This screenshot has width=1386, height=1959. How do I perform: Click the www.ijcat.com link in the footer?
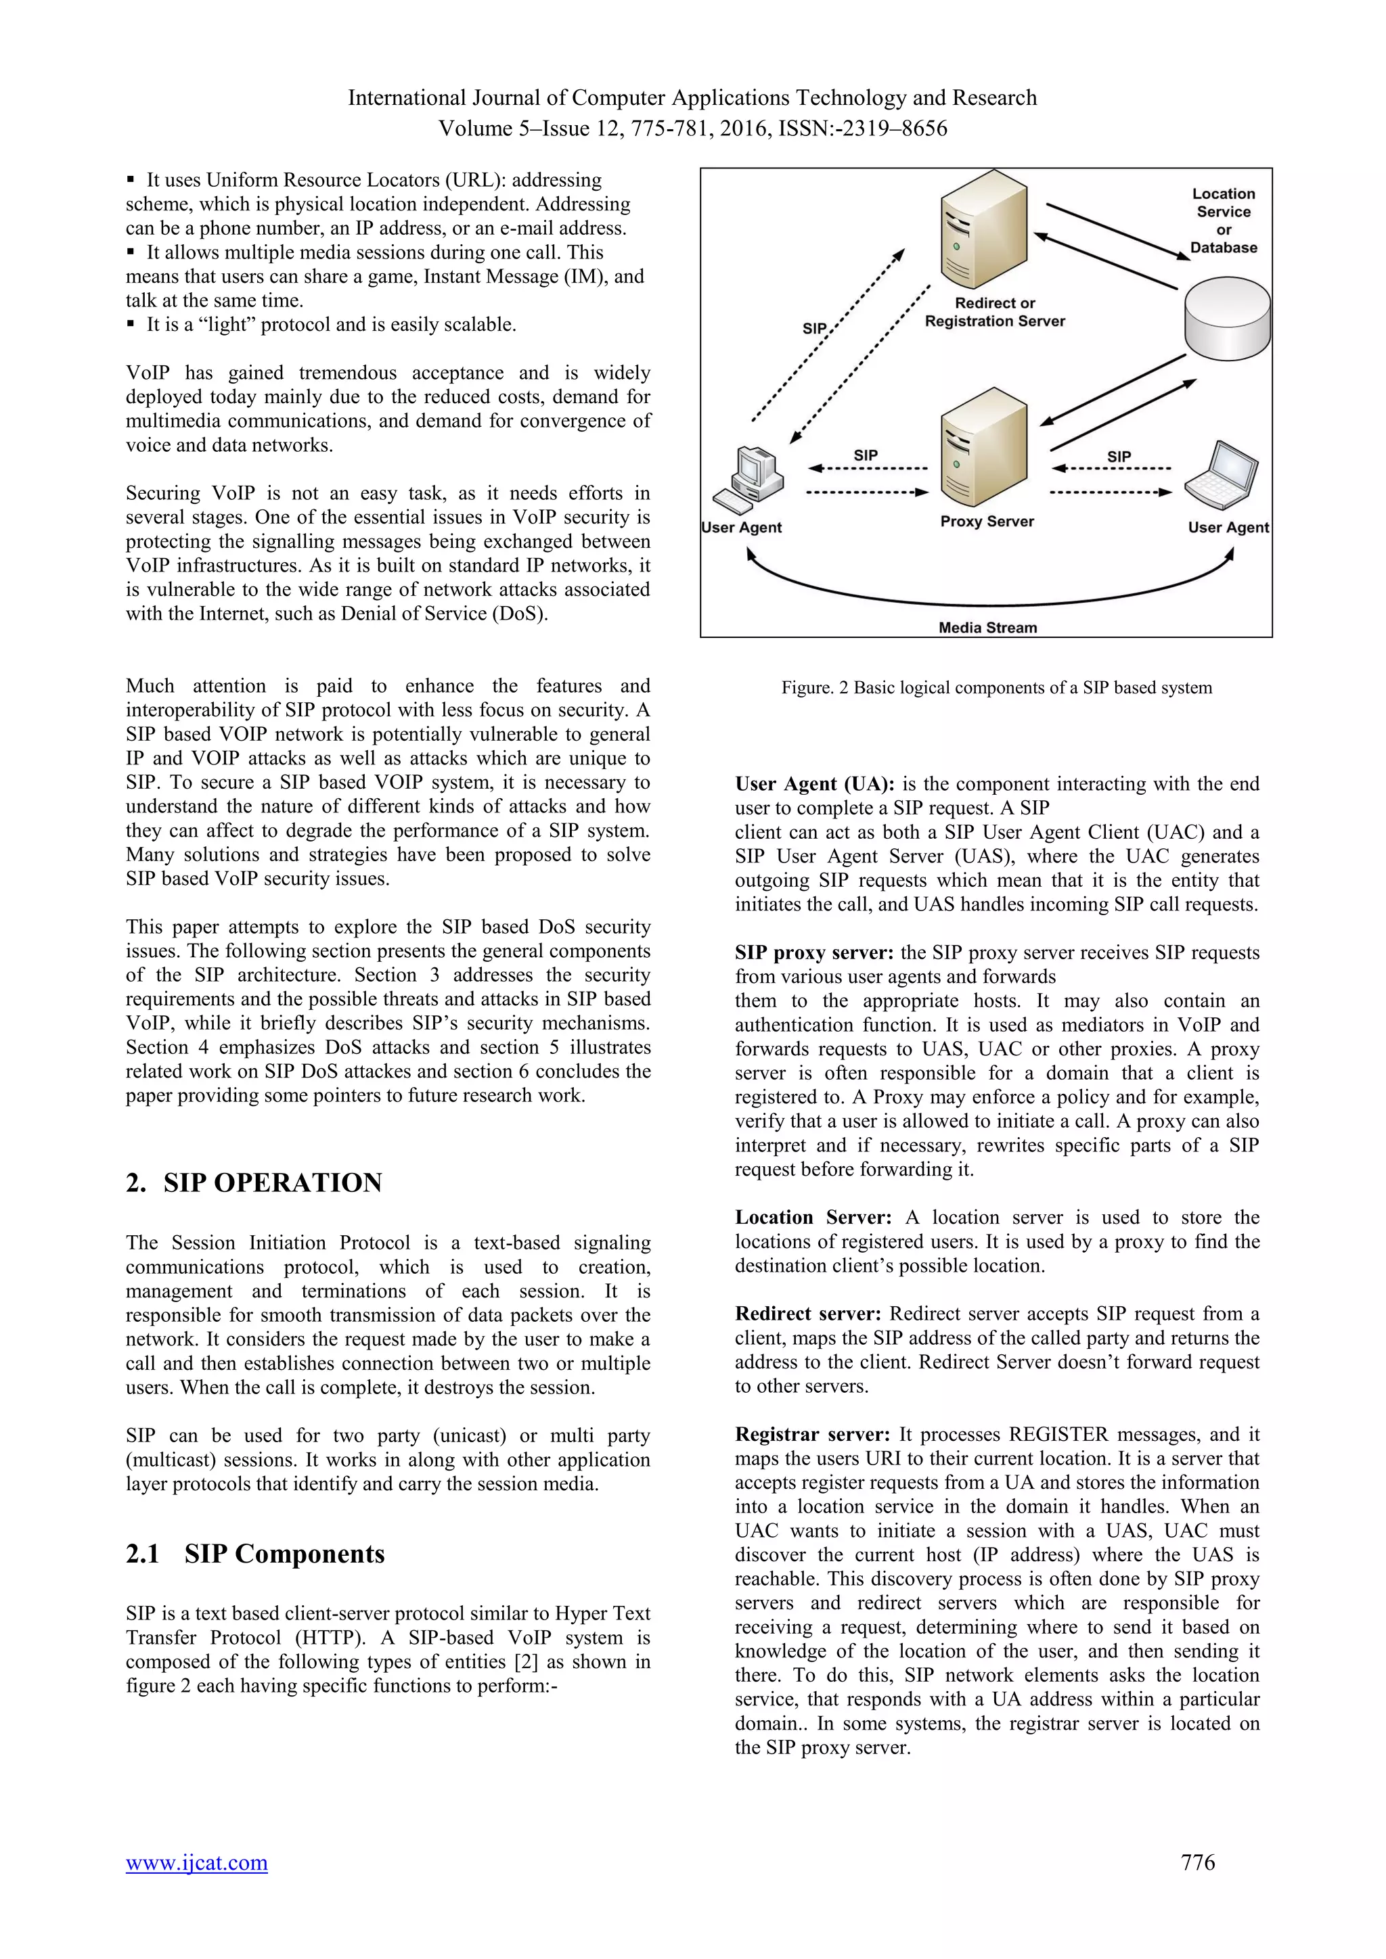tap(196, 1862)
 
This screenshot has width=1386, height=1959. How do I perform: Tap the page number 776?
tap(1197, 1862)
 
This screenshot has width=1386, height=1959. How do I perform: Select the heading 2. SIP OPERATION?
tap(254, 1182)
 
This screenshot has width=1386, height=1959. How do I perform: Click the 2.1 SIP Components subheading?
tap(254, 1553)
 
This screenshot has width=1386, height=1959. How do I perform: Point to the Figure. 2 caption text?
tap(996, 688)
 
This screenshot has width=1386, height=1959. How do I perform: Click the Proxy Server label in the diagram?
tap(987, 522)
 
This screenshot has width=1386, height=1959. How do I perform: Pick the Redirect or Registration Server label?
tap(994, 313)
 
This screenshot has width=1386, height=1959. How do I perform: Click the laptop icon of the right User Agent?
tap(1222, 477)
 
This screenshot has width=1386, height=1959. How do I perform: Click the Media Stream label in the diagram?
tap(987, 627)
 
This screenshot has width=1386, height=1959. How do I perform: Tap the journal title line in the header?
tap(692, 98)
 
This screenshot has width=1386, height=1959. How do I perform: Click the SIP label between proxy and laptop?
tap(1118, 457)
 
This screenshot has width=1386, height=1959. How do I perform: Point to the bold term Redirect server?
tap(808, 1314)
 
